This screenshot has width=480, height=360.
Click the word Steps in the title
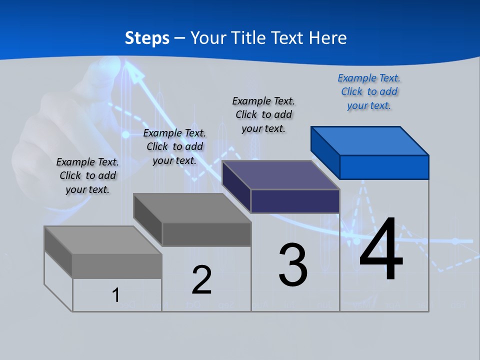point(146,38)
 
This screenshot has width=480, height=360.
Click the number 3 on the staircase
point(293,265)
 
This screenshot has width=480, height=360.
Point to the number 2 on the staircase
point(201,280)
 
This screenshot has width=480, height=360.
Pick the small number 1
point(116,295)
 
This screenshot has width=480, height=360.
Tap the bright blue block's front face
point(384,167)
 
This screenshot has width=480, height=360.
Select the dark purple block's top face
point(280,175)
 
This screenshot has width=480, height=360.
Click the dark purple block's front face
point(295,201)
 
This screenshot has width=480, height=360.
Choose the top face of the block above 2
point(192,208)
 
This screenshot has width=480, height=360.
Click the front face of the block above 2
point(206,234)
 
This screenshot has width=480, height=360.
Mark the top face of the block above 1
point(102,240)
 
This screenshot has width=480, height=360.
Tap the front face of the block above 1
point(117,266)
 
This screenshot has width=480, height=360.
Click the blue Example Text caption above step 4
point(369,92)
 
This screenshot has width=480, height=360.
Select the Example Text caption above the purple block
point(263,114)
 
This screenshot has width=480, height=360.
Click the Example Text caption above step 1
point(87,175)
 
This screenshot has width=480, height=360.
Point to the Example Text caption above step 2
point(174,146)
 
